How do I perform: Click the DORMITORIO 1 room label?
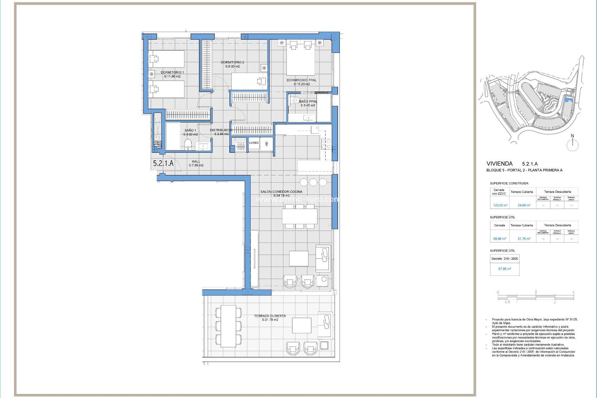(172, 72)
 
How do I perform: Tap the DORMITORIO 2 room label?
(233, 62)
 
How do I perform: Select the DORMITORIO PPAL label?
(301, 80)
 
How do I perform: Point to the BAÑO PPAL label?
(308, 101)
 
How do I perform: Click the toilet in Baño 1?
(187, 144)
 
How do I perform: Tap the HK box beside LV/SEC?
(267, 144)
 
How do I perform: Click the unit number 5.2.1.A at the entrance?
(163, 163)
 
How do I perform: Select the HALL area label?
(196, 161)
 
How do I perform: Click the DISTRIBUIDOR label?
(221, 130)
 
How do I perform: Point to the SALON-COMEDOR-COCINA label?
(281, 192)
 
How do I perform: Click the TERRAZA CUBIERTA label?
(270, 316)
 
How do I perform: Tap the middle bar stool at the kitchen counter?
(313, 182)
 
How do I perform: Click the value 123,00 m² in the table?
(500, 205)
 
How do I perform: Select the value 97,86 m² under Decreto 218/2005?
(504, 269)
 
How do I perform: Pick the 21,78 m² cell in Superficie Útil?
(524, 239)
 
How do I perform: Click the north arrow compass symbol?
(572, 145)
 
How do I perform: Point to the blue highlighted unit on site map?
(569, 99)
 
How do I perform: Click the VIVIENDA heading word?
(499, 164)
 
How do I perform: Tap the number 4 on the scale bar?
(573, 292)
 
